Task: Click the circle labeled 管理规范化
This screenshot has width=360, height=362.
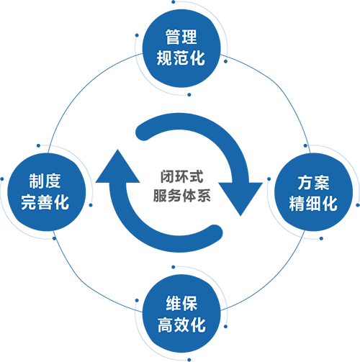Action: click(181, 48)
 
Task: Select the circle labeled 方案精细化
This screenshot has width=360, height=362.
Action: click(314, 192)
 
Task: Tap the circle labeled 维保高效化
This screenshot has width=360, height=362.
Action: click(181, 314)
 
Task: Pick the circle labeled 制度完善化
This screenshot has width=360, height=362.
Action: click(47, 192)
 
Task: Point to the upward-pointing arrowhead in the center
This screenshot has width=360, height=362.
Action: click(117, 168)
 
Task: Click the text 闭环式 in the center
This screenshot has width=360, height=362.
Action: click(181, 176)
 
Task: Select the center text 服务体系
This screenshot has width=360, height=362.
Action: click(181, 195)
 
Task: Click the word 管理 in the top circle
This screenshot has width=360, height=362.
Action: click(181, 37)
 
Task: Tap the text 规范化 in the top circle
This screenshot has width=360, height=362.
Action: click(181, 58)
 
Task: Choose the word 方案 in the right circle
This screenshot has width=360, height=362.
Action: click(313, 183)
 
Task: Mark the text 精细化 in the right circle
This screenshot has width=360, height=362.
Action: click(313, 204)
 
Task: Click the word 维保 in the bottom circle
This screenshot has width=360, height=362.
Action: click(181, 304)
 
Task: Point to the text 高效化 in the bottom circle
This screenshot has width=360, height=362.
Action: click(181, 325)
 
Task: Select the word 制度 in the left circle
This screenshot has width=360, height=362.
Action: click(45, 181)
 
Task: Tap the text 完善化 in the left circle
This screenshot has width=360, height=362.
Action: click(45, 202)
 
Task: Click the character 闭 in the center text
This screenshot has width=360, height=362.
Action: click(167, 176)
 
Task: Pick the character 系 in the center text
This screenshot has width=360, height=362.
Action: click(204, 195)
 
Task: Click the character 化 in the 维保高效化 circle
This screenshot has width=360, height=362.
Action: click(198, 325)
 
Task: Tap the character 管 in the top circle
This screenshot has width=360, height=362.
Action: click(173, 37)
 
